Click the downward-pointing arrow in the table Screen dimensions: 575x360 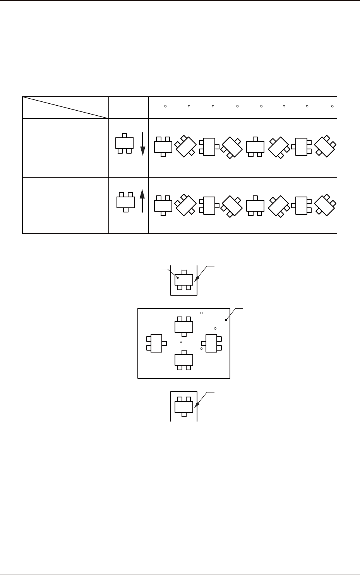coord(142,144)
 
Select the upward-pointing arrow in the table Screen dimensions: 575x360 coord(142,200)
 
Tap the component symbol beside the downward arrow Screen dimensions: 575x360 coord(124,143)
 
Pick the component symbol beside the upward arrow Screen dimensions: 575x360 coord(125,202)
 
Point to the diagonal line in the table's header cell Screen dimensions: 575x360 coord(65,108)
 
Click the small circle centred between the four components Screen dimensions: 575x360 coord(181,342)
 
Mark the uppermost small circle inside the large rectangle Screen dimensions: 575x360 coord(201,313)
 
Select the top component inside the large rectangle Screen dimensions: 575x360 coord(183,326)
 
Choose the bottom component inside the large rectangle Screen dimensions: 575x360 coord(183,360)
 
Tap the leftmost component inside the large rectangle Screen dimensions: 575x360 coord(156,343)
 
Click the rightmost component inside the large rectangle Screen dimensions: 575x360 coord(211,343)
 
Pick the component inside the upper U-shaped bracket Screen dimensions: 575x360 coord(183,279)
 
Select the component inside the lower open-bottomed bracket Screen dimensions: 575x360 coord(183,406)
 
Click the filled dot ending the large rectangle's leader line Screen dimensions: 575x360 coord(226,320)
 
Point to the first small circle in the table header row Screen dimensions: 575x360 coord(165,106)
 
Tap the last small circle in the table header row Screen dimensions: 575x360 coord(333,106)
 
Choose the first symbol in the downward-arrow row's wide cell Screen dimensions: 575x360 coord(163,146)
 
